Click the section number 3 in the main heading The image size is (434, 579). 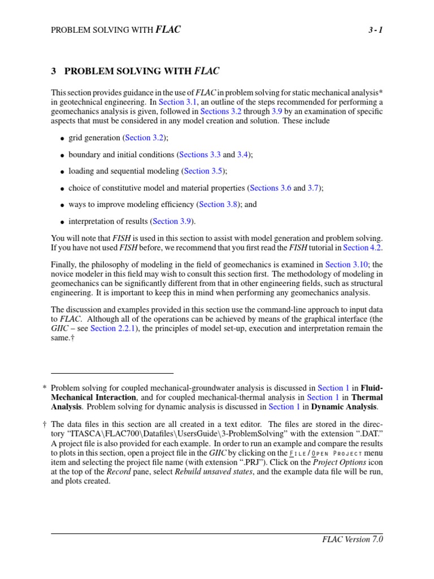pos(54,71)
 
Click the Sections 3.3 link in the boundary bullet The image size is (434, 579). pos(199,154)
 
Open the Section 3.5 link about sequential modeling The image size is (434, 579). pos(205,171)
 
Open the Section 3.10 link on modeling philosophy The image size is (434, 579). pos(346,265)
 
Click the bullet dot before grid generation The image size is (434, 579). pos(62,139)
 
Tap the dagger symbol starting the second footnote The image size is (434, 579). pos(45,425)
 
